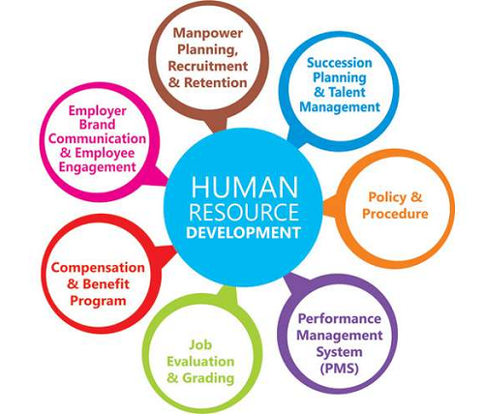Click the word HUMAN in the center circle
point(245,187)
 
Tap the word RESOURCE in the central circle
point(244,212)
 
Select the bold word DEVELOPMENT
point(244,233)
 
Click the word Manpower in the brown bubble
point(208,34)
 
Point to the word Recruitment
point(208,66)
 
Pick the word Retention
point(216,82)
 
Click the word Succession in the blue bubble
point(340,63)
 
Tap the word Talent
point(347,92)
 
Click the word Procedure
point(395,214)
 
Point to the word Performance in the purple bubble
point(340,319)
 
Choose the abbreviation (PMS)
point(340,368)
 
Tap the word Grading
point(208,378)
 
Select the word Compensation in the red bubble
point(98,268)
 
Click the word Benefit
point(106,284)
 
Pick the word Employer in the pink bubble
point(97,111)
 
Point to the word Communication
point(97,138)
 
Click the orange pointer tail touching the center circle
point(331,207)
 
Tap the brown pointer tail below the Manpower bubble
point(216,124)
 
